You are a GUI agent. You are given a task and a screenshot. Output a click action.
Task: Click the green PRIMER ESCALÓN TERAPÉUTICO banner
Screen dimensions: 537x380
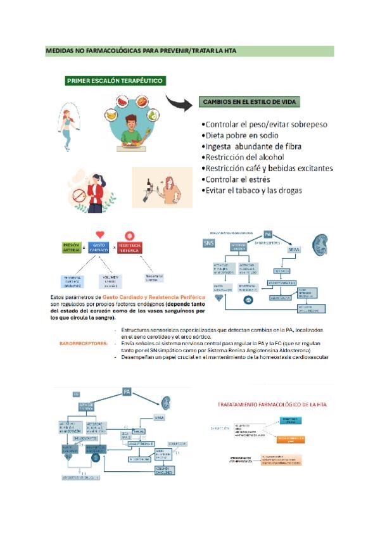coord(116,80)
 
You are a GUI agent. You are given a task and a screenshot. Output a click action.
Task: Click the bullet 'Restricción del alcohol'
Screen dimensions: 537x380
coord(244,157)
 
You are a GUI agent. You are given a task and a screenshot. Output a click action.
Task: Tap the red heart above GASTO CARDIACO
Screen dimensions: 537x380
coord(99,234)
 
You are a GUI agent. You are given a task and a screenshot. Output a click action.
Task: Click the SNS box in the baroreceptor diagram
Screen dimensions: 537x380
coord(209,243)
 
